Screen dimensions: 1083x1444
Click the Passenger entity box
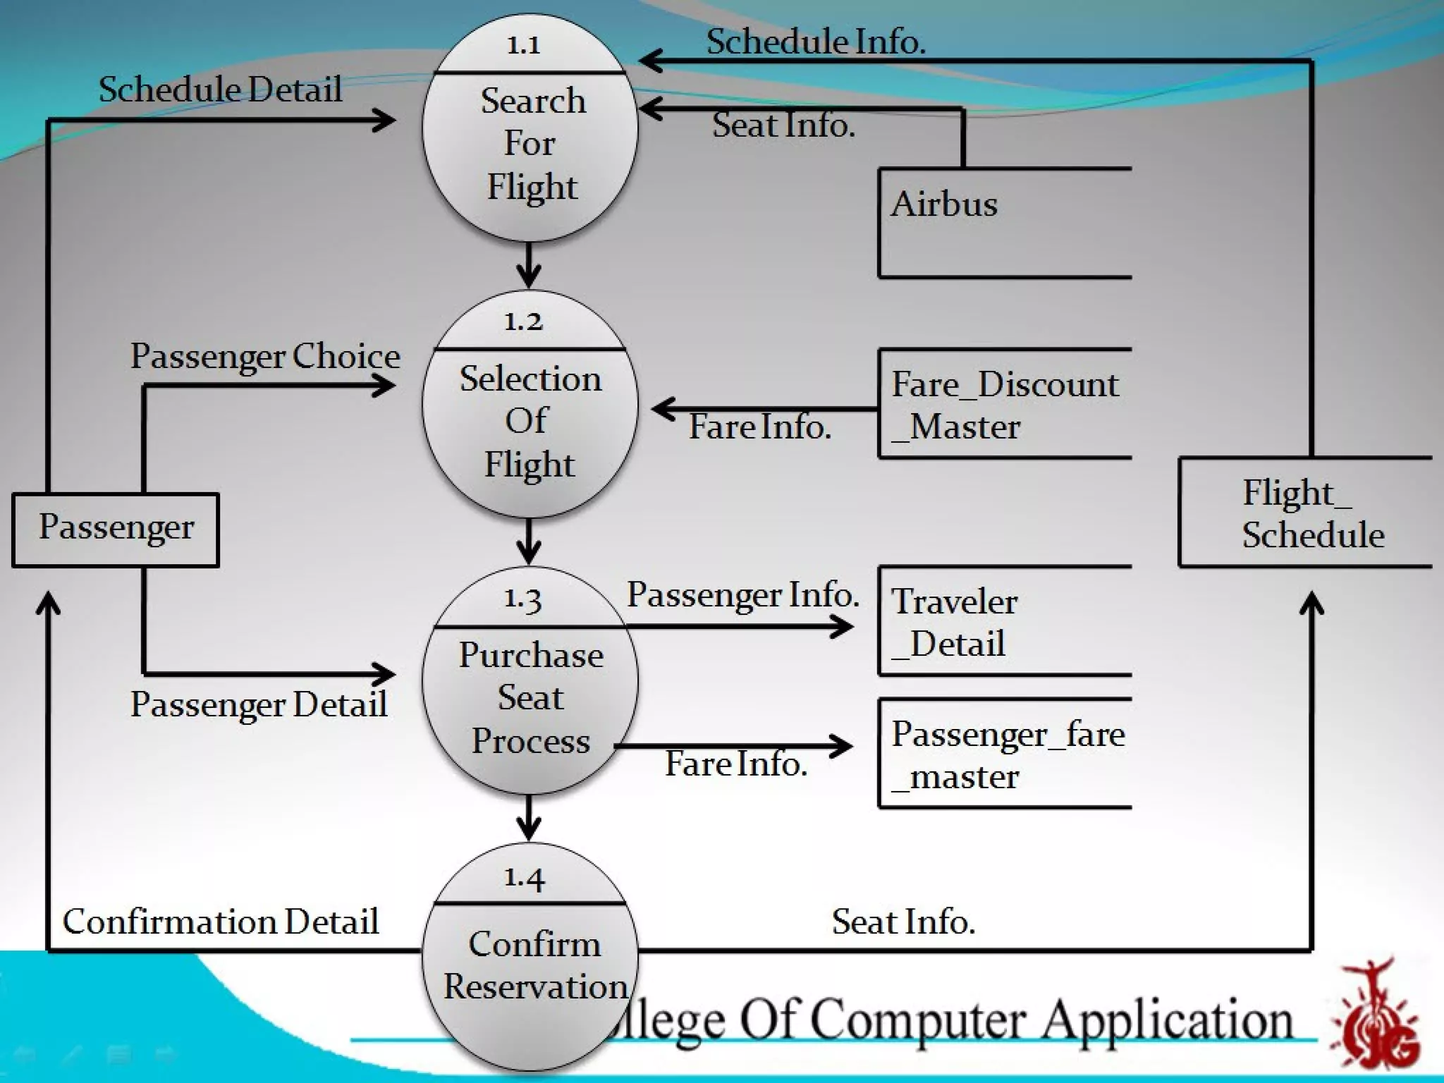116,530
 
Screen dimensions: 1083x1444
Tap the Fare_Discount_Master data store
1005,404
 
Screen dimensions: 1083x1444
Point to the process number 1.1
524,46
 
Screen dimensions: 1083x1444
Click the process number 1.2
524,322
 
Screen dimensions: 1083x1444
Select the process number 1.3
522,599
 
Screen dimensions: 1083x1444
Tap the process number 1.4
524,877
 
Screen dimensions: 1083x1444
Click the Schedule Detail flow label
220,90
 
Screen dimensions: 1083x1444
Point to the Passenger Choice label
265,356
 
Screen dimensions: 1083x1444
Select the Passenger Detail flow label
259,704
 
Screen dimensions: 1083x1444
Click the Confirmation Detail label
221,922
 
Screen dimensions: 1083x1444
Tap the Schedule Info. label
816,42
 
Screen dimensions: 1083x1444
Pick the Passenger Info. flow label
743,595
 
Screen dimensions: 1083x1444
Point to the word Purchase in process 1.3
531,656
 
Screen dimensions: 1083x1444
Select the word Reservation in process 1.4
535,986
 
